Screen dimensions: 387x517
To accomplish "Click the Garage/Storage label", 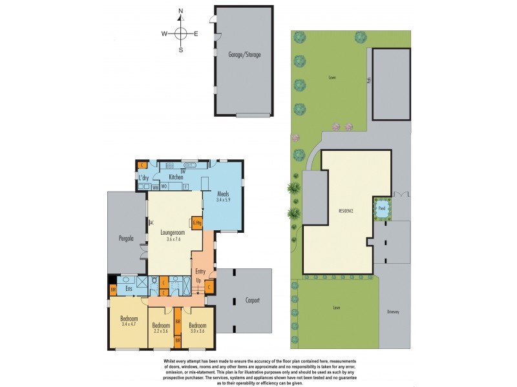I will (x=244, y=55).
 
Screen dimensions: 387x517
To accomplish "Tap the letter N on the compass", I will (x=181, y=11).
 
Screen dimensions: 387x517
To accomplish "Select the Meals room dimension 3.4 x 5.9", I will (x=223, y=199).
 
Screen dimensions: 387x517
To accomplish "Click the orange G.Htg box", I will (x=197, y=223).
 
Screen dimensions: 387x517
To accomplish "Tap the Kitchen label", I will (x=176, y=177).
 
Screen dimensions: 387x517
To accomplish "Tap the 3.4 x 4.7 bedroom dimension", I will (x=129, y=324).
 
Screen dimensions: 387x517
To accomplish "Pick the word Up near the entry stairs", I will (x=199, y=282).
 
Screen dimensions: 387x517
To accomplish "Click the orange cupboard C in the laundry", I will (x=142, y=164).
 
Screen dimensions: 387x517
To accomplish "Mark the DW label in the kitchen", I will (x=183, y=171).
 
